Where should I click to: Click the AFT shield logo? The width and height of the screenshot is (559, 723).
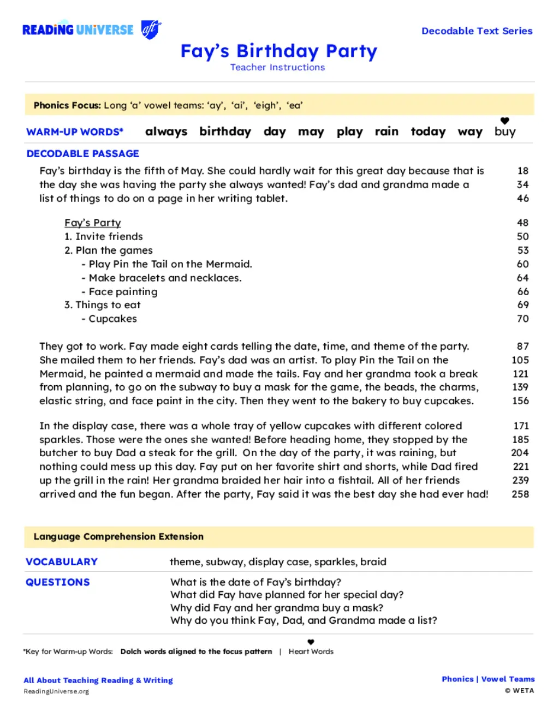(151, 29)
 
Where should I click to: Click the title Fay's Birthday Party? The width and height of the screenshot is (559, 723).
(279, 51)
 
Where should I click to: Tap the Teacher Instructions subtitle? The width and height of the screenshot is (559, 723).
(277, 67)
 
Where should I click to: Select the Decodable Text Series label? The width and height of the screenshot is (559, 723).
(477, 31)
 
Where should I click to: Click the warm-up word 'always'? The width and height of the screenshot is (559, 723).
(166, 132)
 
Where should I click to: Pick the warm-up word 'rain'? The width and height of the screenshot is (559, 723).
(386, 132)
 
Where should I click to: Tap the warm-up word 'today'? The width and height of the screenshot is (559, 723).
(428, 132)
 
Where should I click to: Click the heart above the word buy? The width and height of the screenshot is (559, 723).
(505, 121)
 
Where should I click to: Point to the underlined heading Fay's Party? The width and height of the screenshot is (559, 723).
(93, 223)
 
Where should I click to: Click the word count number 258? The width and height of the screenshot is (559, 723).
(520, 494)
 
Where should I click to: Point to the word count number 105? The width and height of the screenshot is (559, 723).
(520, 360)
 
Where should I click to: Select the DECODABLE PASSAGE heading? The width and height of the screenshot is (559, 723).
(83, 154)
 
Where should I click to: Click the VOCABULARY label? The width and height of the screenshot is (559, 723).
(62, 561)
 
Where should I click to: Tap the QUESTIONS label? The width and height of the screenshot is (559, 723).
(58, 582)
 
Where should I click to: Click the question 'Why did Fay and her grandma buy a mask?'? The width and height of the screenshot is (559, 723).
(277, 608)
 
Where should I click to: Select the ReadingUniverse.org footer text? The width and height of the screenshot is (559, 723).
(56, 691)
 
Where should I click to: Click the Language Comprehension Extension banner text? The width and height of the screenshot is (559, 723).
(118, 536)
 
